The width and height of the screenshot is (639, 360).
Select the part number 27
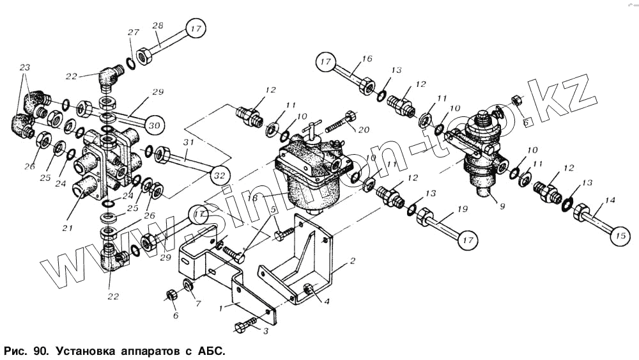click(133, 33)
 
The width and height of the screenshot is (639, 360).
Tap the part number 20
click(364, 130)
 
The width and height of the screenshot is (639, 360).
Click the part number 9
click(502, 207)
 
